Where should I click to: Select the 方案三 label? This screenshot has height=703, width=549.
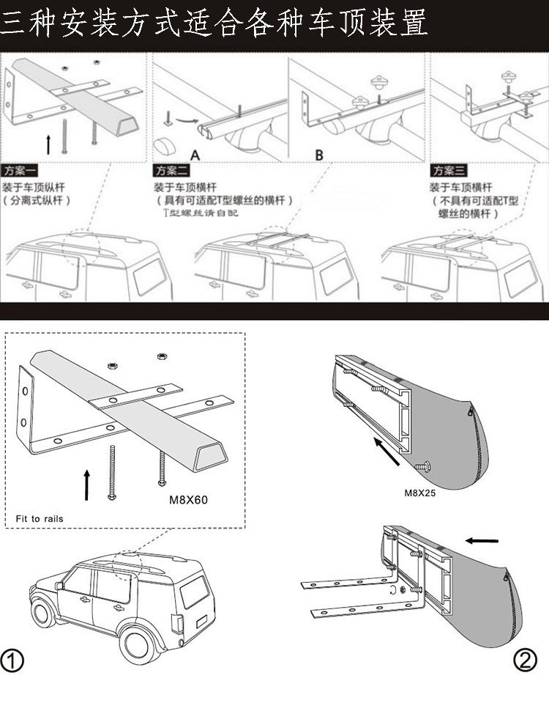point(449,170)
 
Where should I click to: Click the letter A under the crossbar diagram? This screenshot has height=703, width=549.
point(195,155)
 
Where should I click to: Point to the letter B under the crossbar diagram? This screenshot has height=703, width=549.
point(319,155)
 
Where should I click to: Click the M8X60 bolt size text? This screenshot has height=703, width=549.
point(189,501)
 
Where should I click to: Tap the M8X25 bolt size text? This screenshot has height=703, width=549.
point(419,493)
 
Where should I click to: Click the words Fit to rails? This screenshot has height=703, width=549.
point(40,519)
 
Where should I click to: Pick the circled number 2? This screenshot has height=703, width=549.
point(525,660)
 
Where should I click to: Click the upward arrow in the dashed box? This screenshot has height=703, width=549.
point(86,484)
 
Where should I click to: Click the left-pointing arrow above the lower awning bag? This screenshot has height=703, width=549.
point(481,541)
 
